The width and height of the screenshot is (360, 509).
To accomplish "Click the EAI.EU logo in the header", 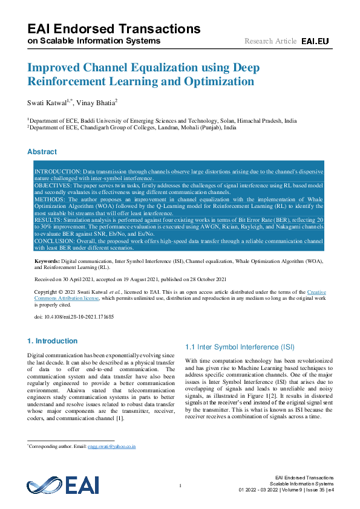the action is [x=315, y=41].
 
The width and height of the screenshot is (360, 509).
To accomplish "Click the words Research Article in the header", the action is [x=270, y=41].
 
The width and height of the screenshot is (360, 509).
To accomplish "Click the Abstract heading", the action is [x=42, y=152].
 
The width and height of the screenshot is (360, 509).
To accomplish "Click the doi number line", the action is [x=74, y=316].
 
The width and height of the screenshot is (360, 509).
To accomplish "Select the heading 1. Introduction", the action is [x=53, y=341].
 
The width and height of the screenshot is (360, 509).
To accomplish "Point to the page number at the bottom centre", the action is [x=180, y=486].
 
